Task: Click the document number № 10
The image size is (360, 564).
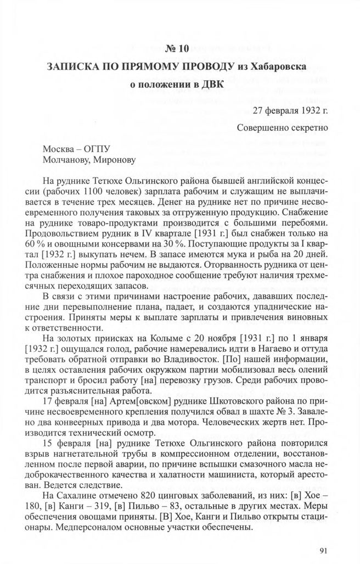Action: [x=176, y=48]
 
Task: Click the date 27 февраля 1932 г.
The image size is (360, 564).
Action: [x=290, y=110]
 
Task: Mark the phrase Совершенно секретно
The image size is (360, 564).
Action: [x=283, y=128]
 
